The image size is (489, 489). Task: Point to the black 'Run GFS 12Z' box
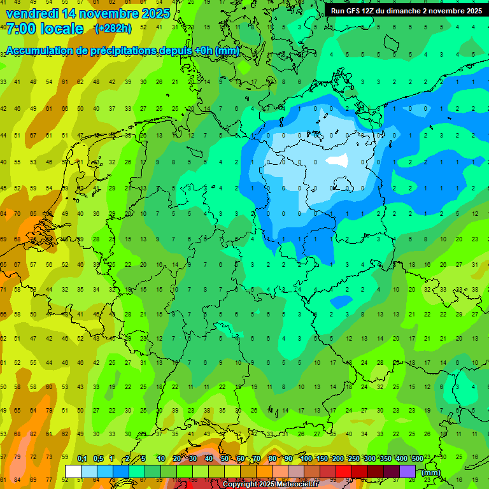pos(406,11)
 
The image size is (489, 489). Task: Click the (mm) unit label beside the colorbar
pos(431,472)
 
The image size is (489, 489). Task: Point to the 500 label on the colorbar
pos(417,458)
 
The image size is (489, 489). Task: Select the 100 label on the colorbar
pos(306,458)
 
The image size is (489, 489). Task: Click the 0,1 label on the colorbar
pos(82,458)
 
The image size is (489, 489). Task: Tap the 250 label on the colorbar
pos(354,458)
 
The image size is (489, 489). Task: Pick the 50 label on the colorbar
pos(225,458)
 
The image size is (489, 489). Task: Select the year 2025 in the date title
pos(152,13)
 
